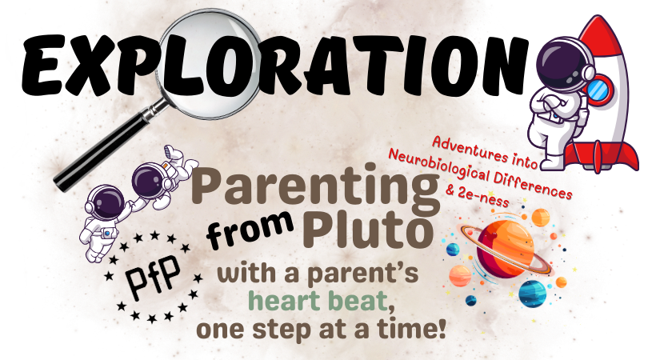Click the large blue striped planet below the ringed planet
(x=531, y=293)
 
